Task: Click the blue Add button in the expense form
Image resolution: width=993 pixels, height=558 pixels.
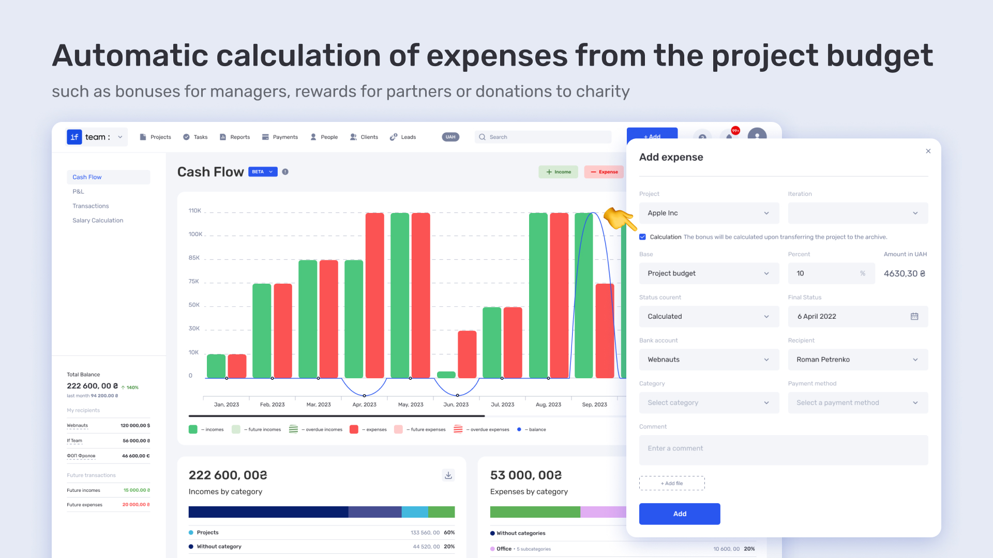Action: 680,514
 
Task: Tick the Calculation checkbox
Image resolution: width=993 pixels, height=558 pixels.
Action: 642,237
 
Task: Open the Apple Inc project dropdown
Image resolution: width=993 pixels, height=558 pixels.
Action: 709,213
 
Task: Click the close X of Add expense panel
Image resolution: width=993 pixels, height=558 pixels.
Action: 928,151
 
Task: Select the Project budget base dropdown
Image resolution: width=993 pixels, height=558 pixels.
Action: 709,273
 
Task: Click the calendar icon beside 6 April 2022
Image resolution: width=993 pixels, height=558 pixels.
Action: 914,316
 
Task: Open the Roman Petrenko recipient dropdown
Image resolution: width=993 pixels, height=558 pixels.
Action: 858,360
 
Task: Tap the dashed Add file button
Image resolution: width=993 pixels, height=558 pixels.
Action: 672,483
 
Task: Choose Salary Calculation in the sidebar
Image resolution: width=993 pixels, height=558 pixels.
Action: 98,220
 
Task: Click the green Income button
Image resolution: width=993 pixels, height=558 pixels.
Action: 559,172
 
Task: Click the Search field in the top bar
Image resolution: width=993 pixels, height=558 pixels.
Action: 543,137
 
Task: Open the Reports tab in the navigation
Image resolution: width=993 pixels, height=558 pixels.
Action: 235,137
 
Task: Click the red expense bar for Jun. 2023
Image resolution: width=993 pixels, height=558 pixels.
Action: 467,354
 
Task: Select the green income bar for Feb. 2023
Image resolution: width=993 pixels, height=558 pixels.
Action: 262,331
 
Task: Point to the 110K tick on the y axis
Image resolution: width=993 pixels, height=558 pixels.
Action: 194,211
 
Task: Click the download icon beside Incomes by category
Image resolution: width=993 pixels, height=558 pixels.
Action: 448,475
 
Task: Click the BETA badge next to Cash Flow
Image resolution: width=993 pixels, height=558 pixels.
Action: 263,172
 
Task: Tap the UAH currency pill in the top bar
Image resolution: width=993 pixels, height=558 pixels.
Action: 450,137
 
